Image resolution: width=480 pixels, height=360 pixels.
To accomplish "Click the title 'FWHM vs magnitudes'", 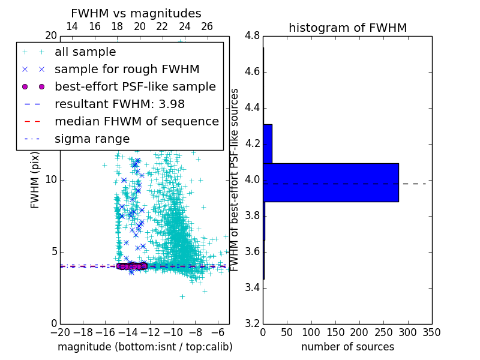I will tap(136, 13).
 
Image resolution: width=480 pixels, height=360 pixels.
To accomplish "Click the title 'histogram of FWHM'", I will tap(347, 28).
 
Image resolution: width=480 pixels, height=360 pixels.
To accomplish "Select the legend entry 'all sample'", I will tap(85, 52).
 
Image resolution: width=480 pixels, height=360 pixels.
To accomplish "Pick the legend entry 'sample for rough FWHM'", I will tap(127, 69).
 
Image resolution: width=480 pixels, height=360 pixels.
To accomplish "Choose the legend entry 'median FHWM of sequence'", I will tap(136, 121).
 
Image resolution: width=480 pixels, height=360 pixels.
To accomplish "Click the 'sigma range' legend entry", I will tap(92, 139).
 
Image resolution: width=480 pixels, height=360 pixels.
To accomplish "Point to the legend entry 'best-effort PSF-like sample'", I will tap(135, 86).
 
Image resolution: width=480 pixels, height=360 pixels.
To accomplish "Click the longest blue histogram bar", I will tap(331, 182).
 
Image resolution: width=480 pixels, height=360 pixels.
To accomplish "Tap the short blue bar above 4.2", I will tap(268, 143).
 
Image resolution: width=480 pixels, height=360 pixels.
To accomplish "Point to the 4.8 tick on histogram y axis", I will tap(252, 36).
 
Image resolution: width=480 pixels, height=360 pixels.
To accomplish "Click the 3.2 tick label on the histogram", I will tap(252, 323).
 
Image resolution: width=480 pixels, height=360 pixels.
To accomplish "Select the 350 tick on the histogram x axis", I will tap(431, 332).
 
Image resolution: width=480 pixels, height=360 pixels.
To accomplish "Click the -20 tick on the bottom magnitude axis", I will tap(60, 332).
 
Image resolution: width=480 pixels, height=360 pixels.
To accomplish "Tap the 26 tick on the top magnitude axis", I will tap(207, 26).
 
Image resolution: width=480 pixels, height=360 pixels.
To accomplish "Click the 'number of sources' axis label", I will tap(347, 347).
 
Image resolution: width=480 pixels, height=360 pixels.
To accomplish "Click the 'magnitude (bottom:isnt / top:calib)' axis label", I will tap(145, 347).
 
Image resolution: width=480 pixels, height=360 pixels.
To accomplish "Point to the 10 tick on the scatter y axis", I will tap(50, 180).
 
